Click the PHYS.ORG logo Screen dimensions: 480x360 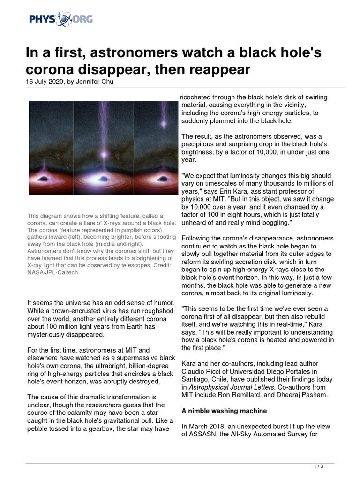pyautogui.click(x=61, y=19)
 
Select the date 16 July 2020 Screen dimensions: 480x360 pyautogui.click(x=45, y=82)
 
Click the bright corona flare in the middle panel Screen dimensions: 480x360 pyautogui.click(x=105, y=154)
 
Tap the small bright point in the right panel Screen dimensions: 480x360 pyautogui.click(x=164, y=124)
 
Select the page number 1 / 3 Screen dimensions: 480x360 pyautogui.click(x=318, y=466)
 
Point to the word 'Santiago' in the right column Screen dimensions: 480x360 pyautogui.click(x=195, y=379)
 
